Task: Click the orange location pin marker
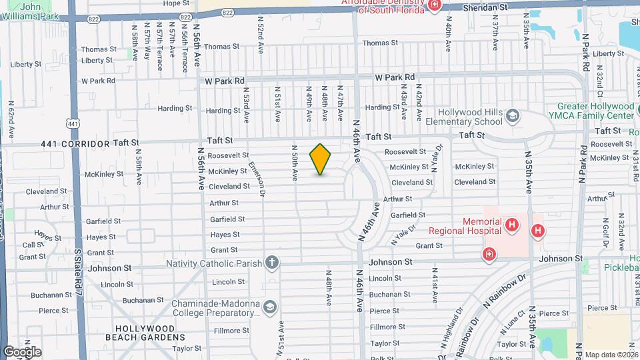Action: pos(321,159)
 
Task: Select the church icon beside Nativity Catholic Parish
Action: pos(271,262)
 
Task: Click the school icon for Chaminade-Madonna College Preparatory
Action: pos(269,307)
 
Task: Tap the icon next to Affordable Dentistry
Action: pos(435,5)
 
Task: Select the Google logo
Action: pos(22,351)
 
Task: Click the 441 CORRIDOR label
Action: pos(75,143)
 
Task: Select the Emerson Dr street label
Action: pos(257,179)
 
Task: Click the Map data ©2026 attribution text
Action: pos(611,355)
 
